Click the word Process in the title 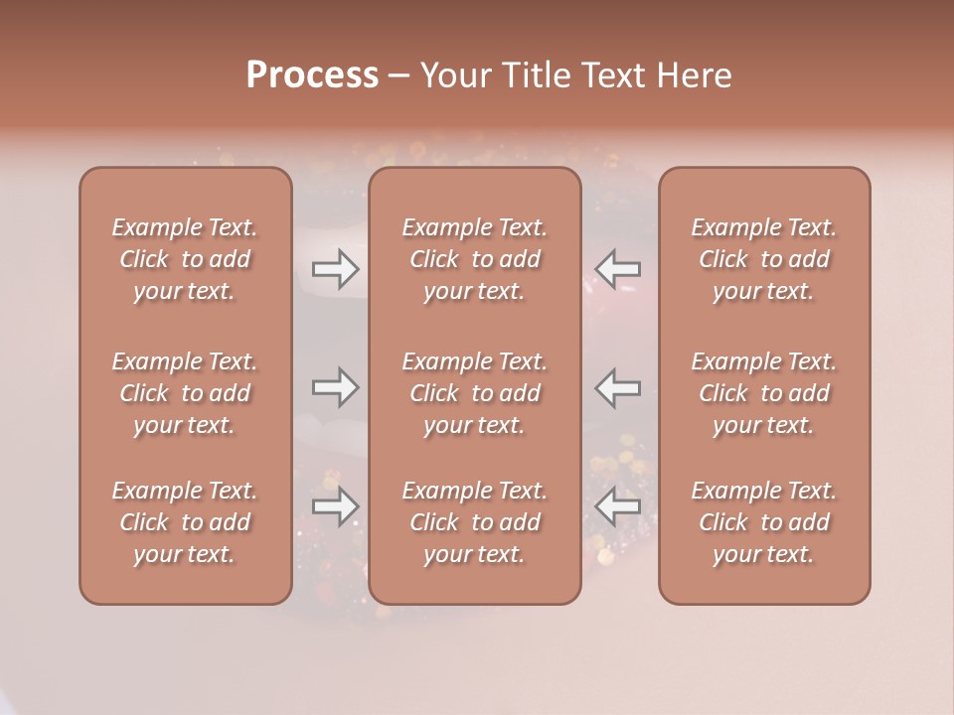pyautogui.click(x=312, y=75)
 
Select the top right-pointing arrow pyautogui.click(x=335, y=269)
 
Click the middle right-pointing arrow pyautogui.click(x=335, y=387)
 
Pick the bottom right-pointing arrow pyautogui.click(x=335, y=506)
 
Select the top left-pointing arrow pyautogui.click(x=617, y=269)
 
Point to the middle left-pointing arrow pyautogui.click(x=617, y=387)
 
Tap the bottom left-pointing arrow pyautogui.click(x=617, y=506)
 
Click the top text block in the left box pyautogui.click(x=185, y=259)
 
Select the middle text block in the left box pyautogui.click(x=185, y=393)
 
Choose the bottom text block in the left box pyautogui.click(x=185, y=522)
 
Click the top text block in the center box pyautogui.click(x=474, y=259)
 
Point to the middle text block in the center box pyautogui.click(x=474, y=393)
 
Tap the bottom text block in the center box pyautogui.click(x=474, y=522)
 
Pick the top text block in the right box pyautogui.click(x=763, y=259)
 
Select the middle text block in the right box pyautogui.click(x=763, y=393)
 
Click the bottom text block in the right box pyautogui.click(x=763, y=522)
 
